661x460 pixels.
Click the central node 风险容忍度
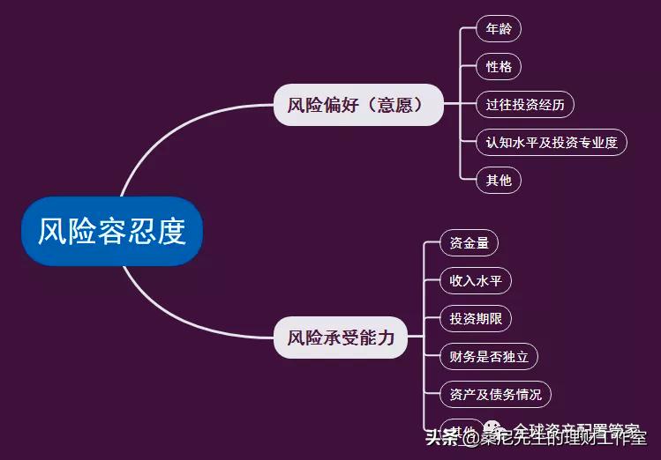click(x=112, y=232)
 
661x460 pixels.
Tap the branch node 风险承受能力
click(x=340, y=338)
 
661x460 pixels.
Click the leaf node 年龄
click(x=499, y=29)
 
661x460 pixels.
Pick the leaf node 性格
click(x=499, y=67)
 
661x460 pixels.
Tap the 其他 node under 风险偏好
click(x=499, y=181)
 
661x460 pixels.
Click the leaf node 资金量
click(x=469, y=243)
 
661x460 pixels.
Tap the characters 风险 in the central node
click(x=67, y=232)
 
